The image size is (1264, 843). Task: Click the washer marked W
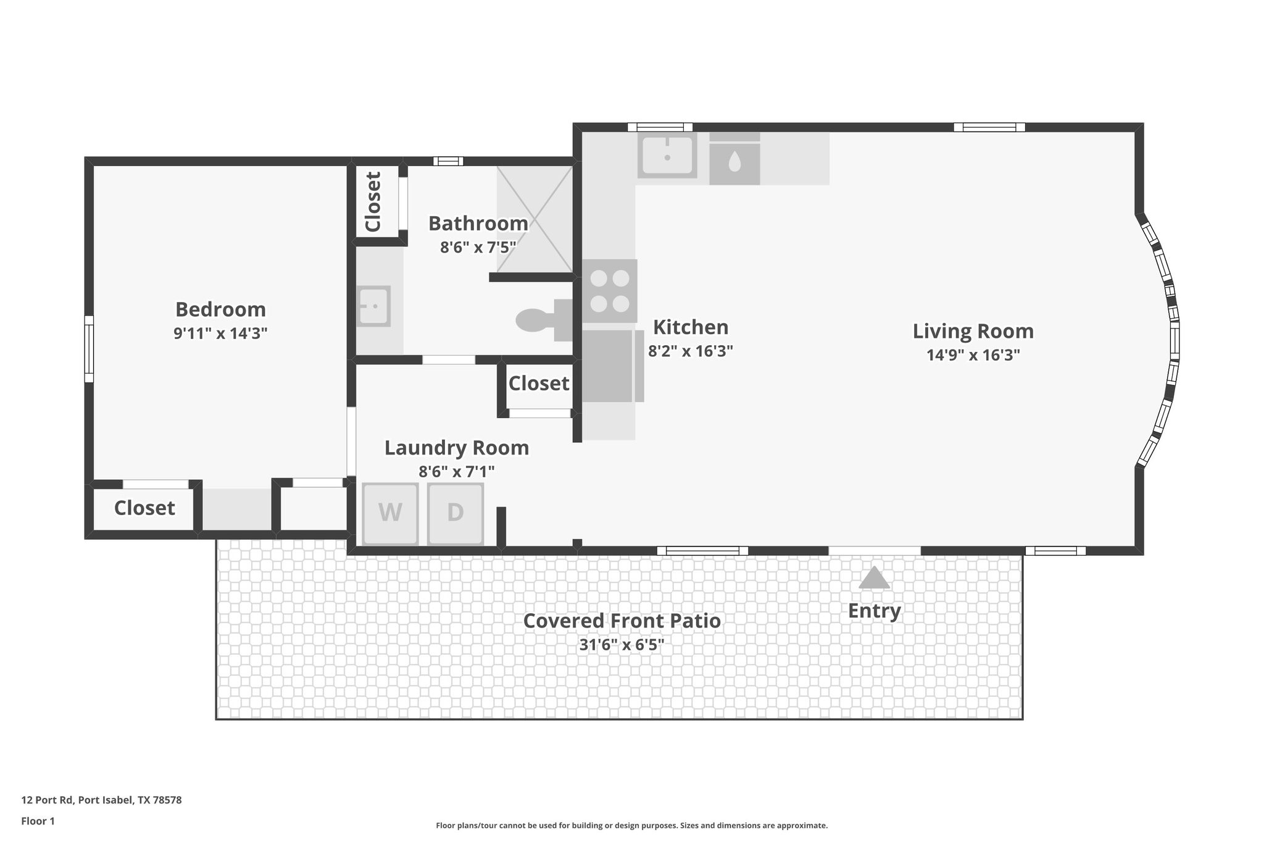click(390, 513)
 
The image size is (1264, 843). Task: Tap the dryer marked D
click(455, 513)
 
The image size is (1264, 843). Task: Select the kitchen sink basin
click(667, 155)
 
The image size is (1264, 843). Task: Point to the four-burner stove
click(610, 291)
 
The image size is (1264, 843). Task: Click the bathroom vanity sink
click(373, 306)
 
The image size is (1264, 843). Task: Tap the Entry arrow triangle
click(874, 579)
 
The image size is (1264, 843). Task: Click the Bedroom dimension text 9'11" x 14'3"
click(220, 333)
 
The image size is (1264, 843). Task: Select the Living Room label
click(973, 331)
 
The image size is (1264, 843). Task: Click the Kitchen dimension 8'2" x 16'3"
click(690, 351)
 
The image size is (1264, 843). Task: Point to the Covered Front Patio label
click(622, 621)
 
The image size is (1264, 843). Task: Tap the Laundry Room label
click(457, 448)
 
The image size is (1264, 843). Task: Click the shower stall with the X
click(534, 219)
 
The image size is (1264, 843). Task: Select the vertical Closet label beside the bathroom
click(373, 202)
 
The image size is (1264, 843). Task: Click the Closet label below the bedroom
click(144, 508)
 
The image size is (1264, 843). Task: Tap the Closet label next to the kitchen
click(538, 384)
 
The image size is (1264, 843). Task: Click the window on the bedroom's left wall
click(89, 349)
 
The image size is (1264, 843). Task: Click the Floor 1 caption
click(38, 821)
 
